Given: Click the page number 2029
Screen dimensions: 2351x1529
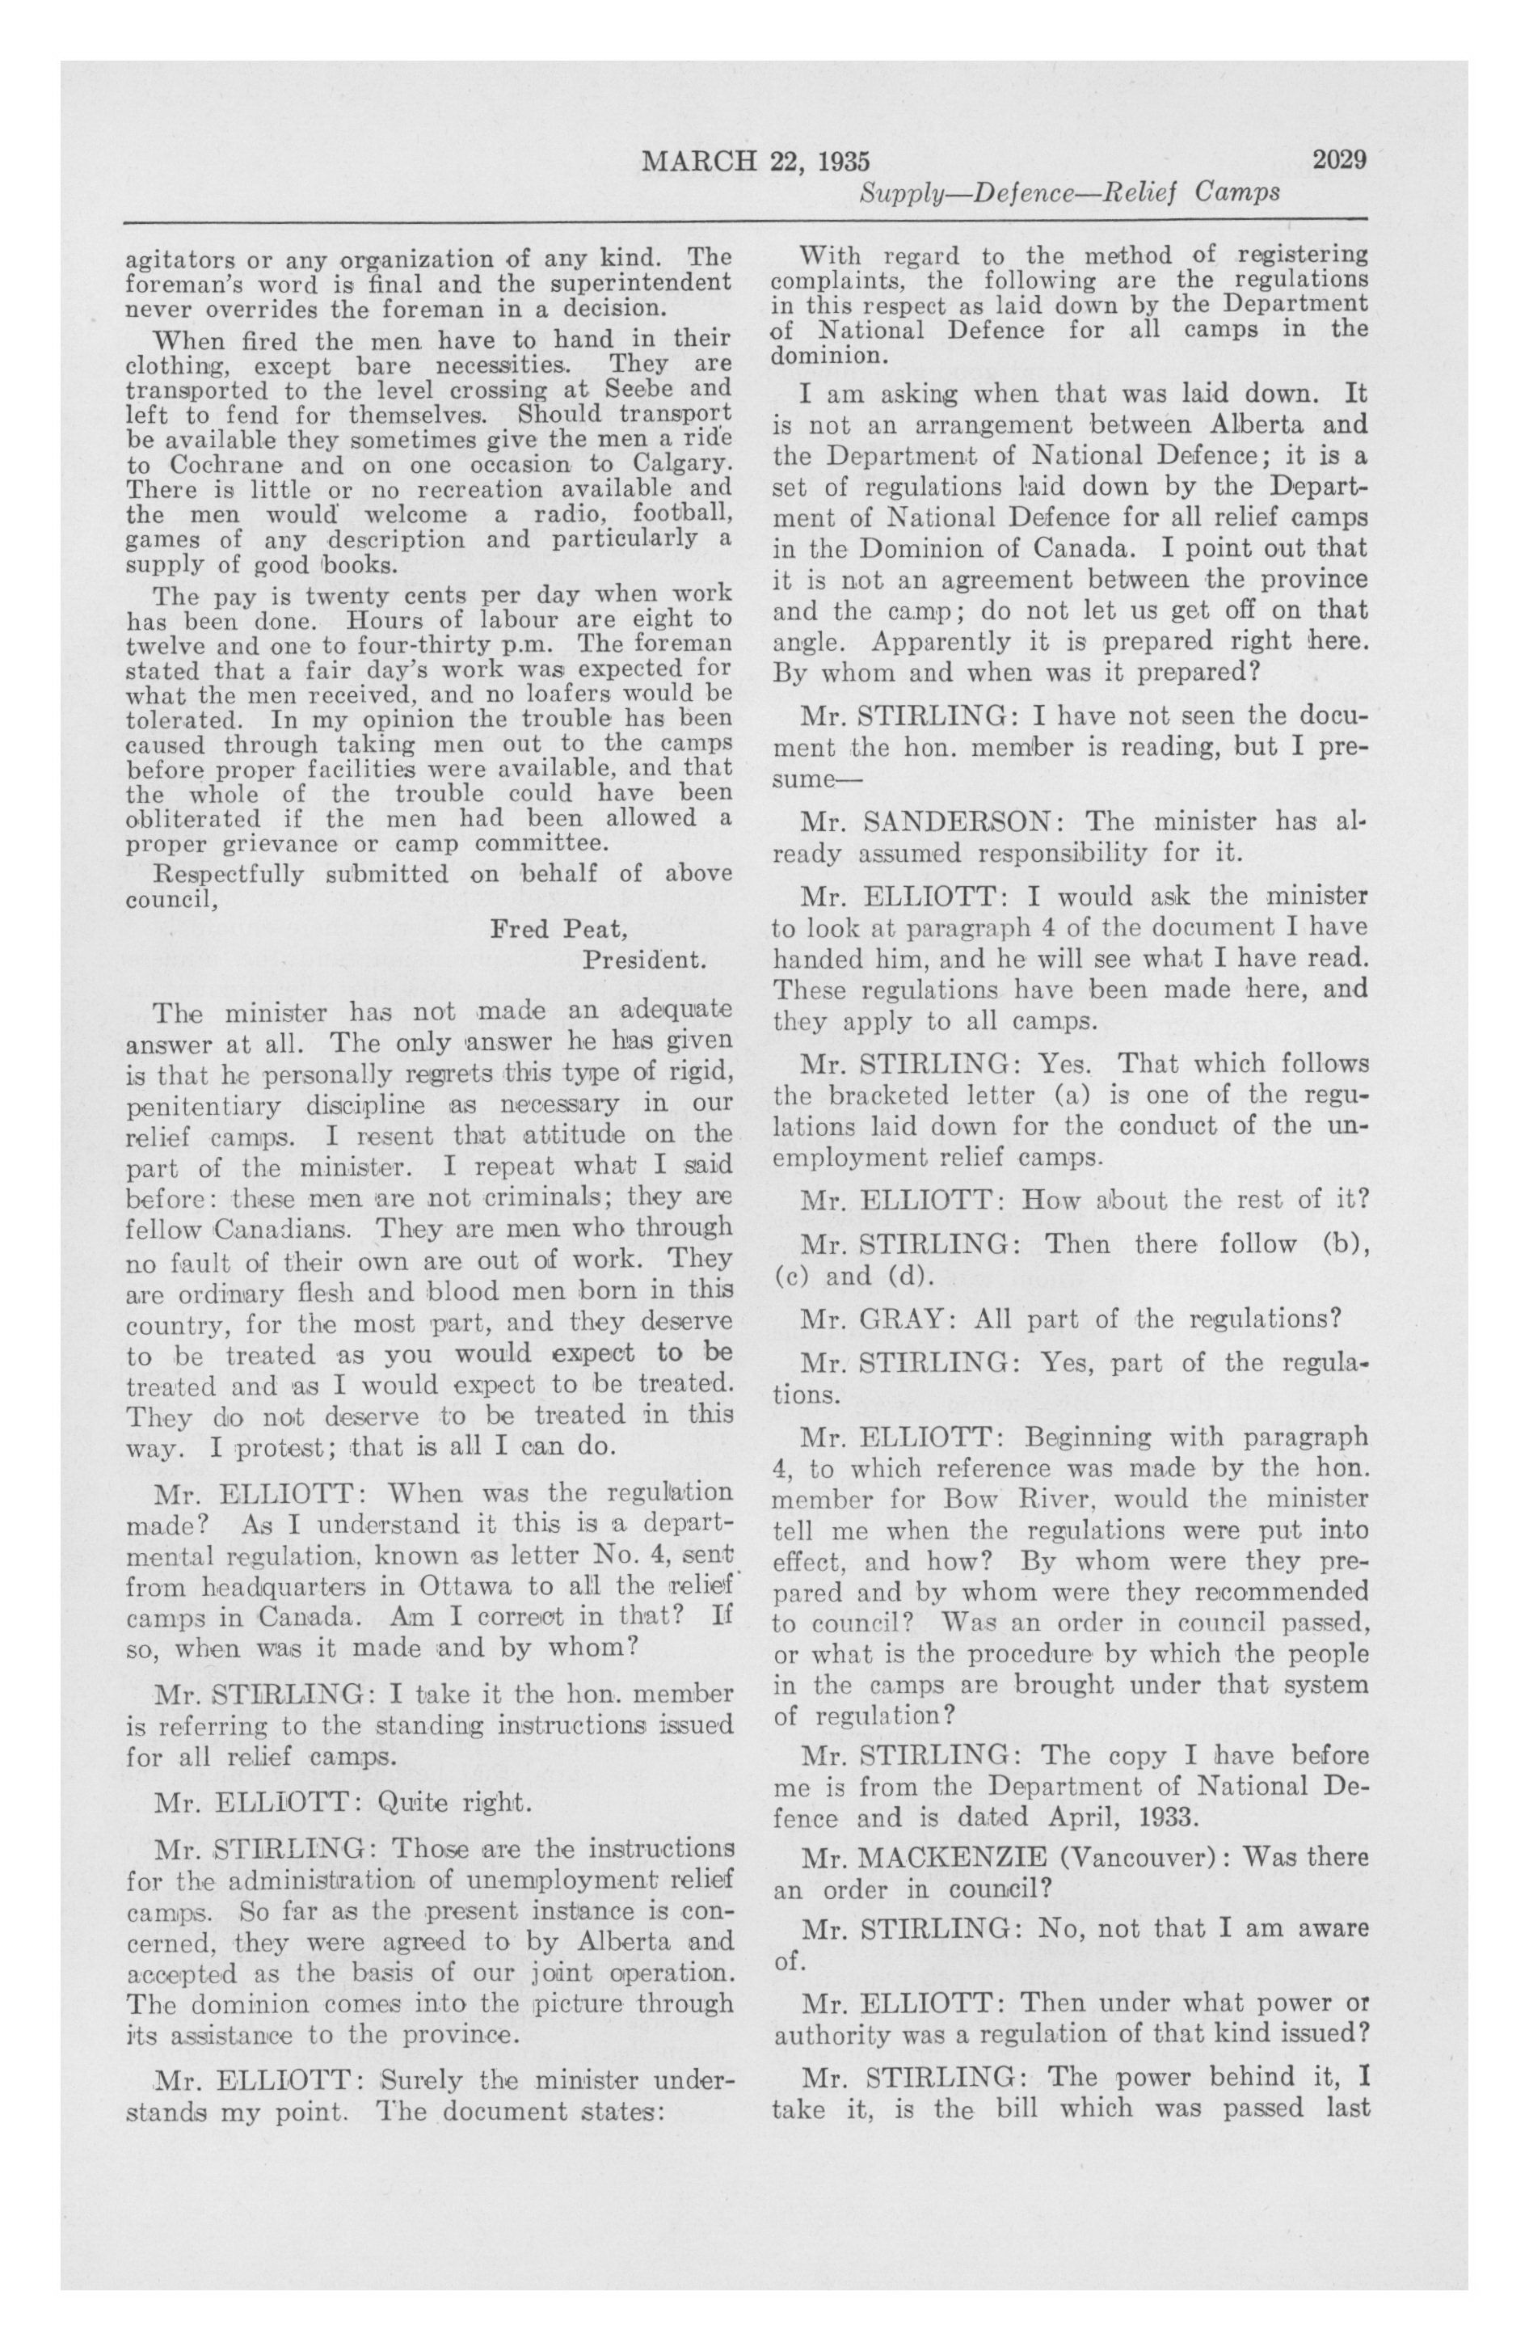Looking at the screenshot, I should (x=1338, y=160).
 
